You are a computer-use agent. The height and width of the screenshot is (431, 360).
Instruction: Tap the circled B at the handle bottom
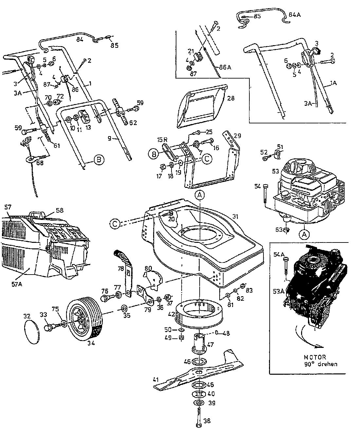98,160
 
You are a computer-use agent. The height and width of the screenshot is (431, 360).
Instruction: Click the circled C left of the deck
115,224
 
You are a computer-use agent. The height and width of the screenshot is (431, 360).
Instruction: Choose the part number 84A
295,15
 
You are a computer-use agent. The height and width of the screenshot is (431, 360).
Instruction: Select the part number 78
120,269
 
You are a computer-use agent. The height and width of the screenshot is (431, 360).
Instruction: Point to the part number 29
238,135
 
